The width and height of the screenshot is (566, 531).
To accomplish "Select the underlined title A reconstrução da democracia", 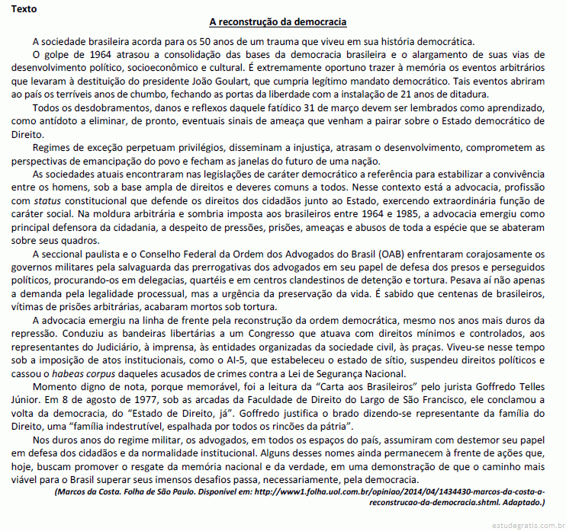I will pyautogui.click(x=283, y=23).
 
